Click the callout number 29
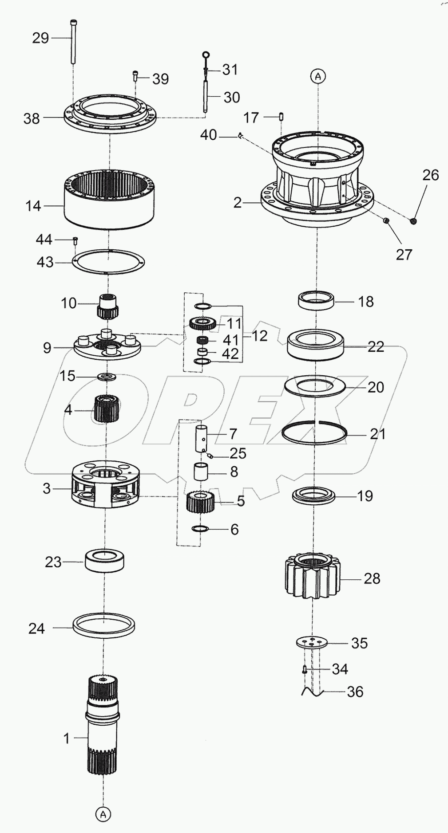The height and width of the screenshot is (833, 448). (x=40, y=38)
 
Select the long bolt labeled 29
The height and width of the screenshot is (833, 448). (x=72, y=42)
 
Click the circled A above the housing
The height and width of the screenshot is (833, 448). (x=318, y=76)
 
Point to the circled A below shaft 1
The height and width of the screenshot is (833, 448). (x=103, y=814)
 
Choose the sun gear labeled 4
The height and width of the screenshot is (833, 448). (x=106, y=409)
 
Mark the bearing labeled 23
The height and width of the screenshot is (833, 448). (x=105, y=561)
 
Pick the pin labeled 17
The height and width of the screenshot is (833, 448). (x=281, y=117)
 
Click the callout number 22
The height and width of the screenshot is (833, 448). (x=376, y=346)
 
